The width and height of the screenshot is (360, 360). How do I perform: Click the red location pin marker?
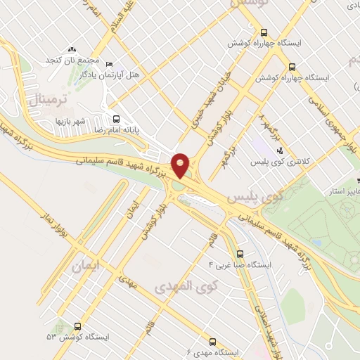(x=181, y=165)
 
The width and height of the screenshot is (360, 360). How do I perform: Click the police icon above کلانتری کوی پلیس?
(x=280, y=150)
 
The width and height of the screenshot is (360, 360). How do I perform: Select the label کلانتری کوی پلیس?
(x=281, y=162)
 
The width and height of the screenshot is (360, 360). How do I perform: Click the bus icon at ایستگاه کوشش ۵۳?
(x=77, y=326)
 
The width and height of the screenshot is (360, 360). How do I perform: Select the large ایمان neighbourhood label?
(x=86, y=268)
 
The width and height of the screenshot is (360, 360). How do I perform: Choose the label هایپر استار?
(x=346, y=191)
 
